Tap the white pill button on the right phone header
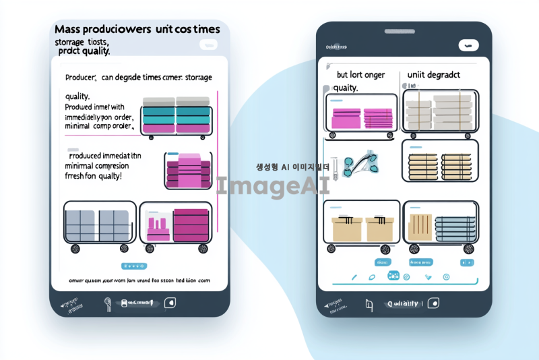click(x=468, y=46)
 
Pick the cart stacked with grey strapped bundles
click(x=439, y=112)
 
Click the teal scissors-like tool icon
click(x=358, y=164)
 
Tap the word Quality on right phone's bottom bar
click(x=402, y=303)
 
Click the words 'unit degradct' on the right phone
click(x=433, y=75)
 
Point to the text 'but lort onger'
click(x=360, y=75)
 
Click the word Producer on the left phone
click(x=82, y=78)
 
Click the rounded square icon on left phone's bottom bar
click(x=170, y=303)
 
